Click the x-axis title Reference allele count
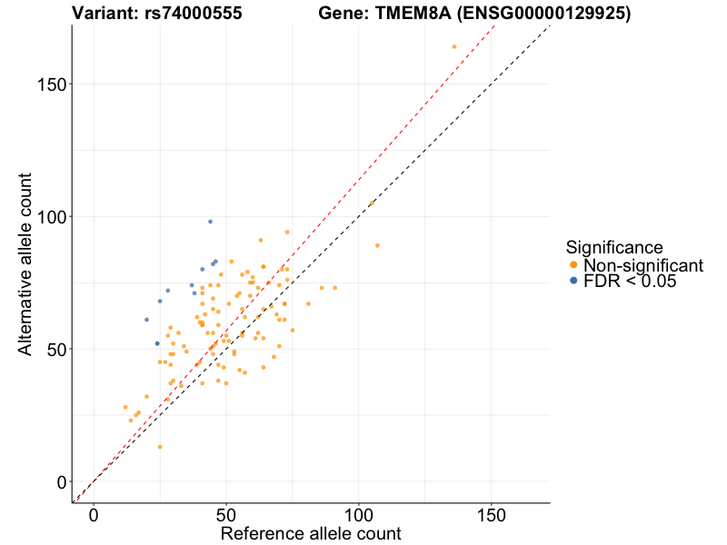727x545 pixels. pyautogui.click(x=311, y=533)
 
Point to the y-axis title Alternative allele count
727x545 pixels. pyautogui.click(x=26, y=264)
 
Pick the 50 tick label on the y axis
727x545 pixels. pyautogui.click(x=55, y=349)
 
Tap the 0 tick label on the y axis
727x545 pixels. pyautogui.click(x=60, y=481)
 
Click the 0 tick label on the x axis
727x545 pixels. pyautogui.click(x=94, y=514)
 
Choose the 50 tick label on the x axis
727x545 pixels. pyautogui.click(x=226, y=514)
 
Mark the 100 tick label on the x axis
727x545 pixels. pyautogui.click(x=359, y=514)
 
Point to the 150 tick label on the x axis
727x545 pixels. pyautogui.click(x=492, y=514)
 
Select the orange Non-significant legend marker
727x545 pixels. pyautogui.click(x=573, y=265)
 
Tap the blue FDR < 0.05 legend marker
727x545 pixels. pyautogui.click(x=573, y=282)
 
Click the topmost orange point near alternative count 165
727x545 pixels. pyautogui.click(x=454, y=46)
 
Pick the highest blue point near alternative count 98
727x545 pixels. pyautogui.click(x=210, y=222)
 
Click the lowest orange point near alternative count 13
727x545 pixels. pyautogui.click(x=160, y=447)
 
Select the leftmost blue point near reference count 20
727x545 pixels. pyautogui.click(x=146, y=320)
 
